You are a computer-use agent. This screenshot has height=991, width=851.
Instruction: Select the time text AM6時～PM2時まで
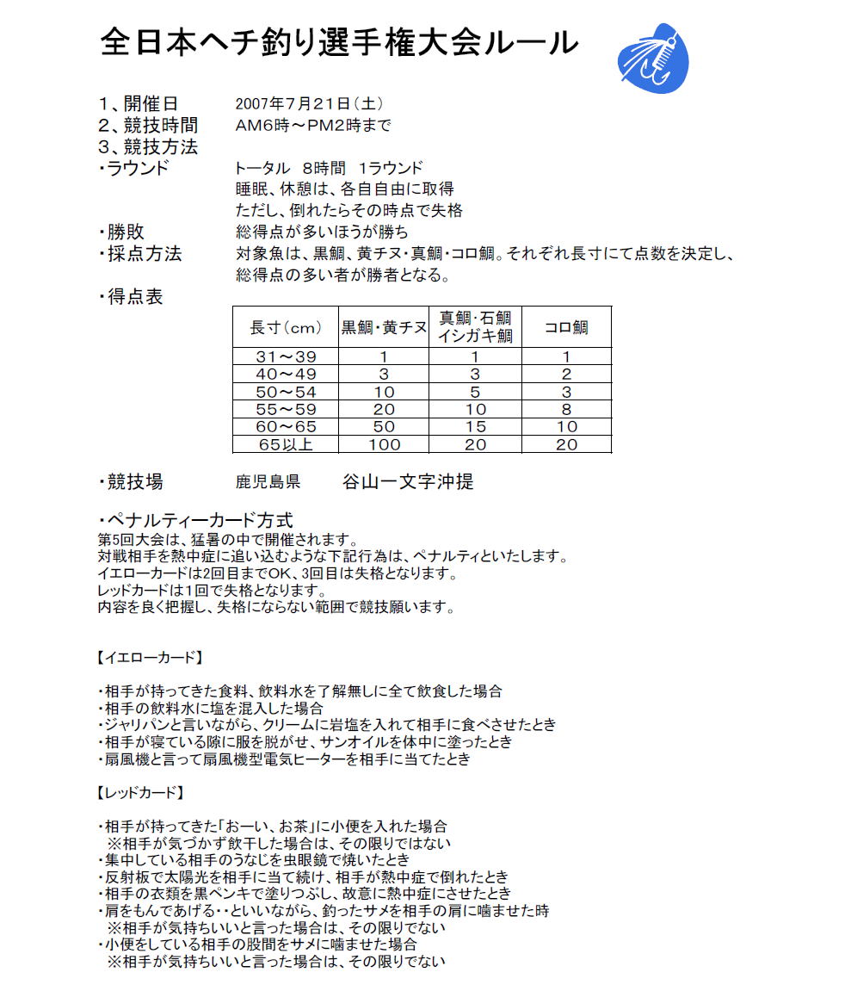[313, 126]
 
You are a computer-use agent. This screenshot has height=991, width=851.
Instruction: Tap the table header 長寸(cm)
[286, 328]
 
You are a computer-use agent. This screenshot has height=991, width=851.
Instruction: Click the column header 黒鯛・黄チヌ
[384, 328]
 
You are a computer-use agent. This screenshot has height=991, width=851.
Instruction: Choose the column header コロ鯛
[566, 328]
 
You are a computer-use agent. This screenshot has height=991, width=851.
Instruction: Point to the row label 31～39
[286, 357]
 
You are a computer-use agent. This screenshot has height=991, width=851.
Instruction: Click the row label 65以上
[286, 444]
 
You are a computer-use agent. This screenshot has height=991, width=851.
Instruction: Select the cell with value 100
[384, 444]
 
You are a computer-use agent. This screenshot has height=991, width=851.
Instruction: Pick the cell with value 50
[384, 426]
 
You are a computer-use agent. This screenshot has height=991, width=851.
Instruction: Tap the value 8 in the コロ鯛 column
[566, 409]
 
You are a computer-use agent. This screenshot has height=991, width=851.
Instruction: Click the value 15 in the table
[475, 426]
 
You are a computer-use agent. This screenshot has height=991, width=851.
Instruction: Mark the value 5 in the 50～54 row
[475, 392]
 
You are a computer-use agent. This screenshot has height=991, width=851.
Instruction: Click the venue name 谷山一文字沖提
[407, 482]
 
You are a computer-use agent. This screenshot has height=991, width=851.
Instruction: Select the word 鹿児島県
[268, 483]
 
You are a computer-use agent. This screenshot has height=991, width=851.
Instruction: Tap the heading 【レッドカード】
[139, 792]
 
